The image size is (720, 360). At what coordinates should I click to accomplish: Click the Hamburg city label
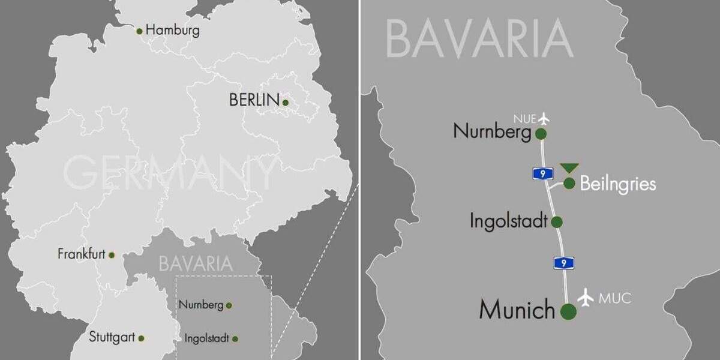coord(173,29)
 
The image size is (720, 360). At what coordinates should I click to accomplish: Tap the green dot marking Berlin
coord(286,103)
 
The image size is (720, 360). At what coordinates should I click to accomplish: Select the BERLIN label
coord(254,100)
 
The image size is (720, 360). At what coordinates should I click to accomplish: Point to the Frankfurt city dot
coord(112,255)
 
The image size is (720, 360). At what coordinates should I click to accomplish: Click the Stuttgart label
coord(112,337)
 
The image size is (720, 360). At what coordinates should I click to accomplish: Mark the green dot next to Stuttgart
coord(141,338)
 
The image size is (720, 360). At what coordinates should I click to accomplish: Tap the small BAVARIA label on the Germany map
coord(196,263)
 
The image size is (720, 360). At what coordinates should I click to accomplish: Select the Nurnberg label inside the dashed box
coord(201,305)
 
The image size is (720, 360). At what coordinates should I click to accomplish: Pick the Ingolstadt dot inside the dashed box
coord(235,339)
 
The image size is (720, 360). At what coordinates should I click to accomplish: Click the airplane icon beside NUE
coord(544,118)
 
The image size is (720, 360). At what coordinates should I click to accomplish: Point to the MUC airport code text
coord(615,298)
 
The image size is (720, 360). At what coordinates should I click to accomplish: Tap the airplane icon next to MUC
coord(586,297)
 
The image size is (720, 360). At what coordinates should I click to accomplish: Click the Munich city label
coord(517,310)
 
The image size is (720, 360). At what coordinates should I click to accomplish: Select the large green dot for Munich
coord(568,311)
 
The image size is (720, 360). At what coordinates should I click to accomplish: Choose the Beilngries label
coord(618,184)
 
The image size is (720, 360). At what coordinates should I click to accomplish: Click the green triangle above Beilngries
coord(569,168)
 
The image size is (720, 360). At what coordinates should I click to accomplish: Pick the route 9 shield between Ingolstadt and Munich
coord(563,262)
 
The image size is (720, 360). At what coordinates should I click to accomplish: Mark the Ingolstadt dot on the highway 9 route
coord(557,222)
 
